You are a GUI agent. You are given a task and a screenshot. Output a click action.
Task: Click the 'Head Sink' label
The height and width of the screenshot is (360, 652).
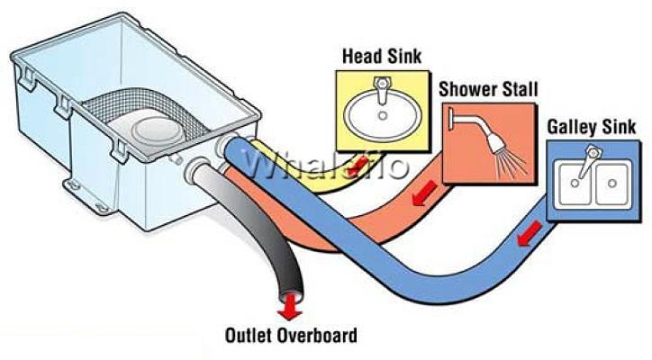click(x=382, y=57)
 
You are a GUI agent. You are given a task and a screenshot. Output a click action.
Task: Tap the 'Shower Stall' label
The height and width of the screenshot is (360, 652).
click(x=488, y=89)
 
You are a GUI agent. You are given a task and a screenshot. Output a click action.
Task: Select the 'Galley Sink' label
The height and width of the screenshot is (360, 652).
click(x=592, y=127)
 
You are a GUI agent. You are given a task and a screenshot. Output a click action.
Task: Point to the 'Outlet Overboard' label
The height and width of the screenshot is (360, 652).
click(x=291, y=335)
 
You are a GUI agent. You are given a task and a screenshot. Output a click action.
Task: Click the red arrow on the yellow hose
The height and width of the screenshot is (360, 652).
click(x=358, y=166)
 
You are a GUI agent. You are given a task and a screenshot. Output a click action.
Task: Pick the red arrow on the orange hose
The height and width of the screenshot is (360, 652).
click(x=424, y=193)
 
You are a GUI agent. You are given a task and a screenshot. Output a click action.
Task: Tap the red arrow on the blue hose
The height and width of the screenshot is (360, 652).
click(x=529, y=233)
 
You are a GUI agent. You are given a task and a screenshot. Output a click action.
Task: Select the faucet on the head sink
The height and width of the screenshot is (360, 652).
click(x=382, y=88)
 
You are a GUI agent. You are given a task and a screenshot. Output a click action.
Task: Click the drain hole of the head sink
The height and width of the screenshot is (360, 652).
click(x=383, y=116)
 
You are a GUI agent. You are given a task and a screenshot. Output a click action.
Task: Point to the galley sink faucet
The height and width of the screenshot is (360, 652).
click(x=589, y=160)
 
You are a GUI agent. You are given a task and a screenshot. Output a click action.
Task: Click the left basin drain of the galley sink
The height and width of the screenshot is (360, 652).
click(x=575, y=183)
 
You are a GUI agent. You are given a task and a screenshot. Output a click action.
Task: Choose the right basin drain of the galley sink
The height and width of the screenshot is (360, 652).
click(x=611, y=183)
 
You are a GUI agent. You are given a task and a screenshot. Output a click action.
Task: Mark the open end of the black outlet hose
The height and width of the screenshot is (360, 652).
click(x=290, y=297)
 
